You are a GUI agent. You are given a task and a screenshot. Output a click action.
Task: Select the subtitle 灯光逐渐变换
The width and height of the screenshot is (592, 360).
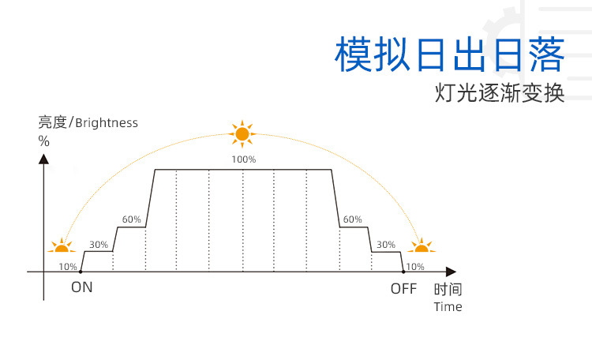click(500, 93)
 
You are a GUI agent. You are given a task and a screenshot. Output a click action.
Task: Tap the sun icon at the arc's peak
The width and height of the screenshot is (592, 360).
click(242, 133)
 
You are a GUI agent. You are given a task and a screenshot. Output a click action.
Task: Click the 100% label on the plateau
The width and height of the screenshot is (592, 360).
click(243, 159)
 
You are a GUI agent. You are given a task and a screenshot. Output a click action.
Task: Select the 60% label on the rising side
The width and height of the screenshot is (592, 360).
click(132, 219)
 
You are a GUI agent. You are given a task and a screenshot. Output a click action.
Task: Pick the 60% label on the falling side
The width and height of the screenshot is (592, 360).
click(353, 219)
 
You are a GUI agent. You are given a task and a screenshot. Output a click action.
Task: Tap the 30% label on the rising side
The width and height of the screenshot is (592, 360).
click(99, 245)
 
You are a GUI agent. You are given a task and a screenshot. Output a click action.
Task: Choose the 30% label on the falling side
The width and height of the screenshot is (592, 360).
click(386, 245)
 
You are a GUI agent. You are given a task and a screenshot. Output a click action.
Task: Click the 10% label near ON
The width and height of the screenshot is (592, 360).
click(68, 267)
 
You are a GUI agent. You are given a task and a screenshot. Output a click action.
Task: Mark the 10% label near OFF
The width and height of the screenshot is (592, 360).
click(415, 267)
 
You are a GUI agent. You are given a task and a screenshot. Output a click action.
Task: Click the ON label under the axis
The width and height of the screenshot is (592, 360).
click(82, 287)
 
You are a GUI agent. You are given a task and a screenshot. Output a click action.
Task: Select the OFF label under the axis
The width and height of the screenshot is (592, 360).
click(403, 288)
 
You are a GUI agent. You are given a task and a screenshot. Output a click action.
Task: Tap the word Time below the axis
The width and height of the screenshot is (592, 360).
click(448, 306)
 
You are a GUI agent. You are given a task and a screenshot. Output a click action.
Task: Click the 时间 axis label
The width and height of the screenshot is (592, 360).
click(448, 289)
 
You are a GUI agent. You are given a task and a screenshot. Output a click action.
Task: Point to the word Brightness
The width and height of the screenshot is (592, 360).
click(107, 122)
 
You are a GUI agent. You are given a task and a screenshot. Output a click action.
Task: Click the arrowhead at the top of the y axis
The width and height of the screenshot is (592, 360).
click(44, 159)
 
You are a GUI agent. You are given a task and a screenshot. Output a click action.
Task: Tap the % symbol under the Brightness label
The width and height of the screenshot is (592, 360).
click(43, 141)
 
